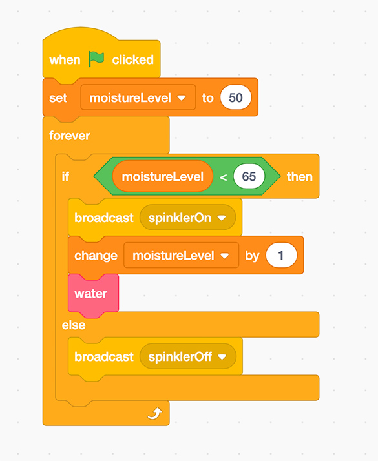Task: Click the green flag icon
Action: click(x=96, y=59)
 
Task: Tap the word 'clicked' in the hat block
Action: click(x=132, y=59)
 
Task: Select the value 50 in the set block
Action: click(x=236, y=97)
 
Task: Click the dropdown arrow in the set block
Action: click(x=182, y=98)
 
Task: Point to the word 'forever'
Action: click(x=69, y=136)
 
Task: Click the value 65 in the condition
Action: click(x=249, y=176)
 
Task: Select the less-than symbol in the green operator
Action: click(x=223, y=177)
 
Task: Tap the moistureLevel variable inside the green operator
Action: click(x=163, y=176)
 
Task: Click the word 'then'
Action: click(x=299, y=177)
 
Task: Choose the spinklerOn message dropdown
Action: click(x=187, y=218)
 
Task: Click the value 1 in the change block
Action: click(x=281, y=255)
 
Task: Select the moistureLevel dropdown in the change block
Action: click(x=181, y=255)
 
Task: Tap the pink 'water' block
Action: click(x=93, y=294)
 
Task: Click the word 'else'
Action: click(x=74, y=325)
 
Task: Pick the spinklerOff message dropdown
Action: click(x=188, y=356)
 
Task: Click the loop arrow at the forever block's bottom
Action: click(x=154, y=413)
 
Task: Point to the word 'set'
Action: click(x=58, y=98)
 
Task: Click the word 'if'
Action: click(x=65, y=176)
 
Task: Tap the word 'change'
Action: click(x=96, y=256)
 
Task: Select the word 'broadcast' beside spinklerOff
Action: click(x=104, y=356)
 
